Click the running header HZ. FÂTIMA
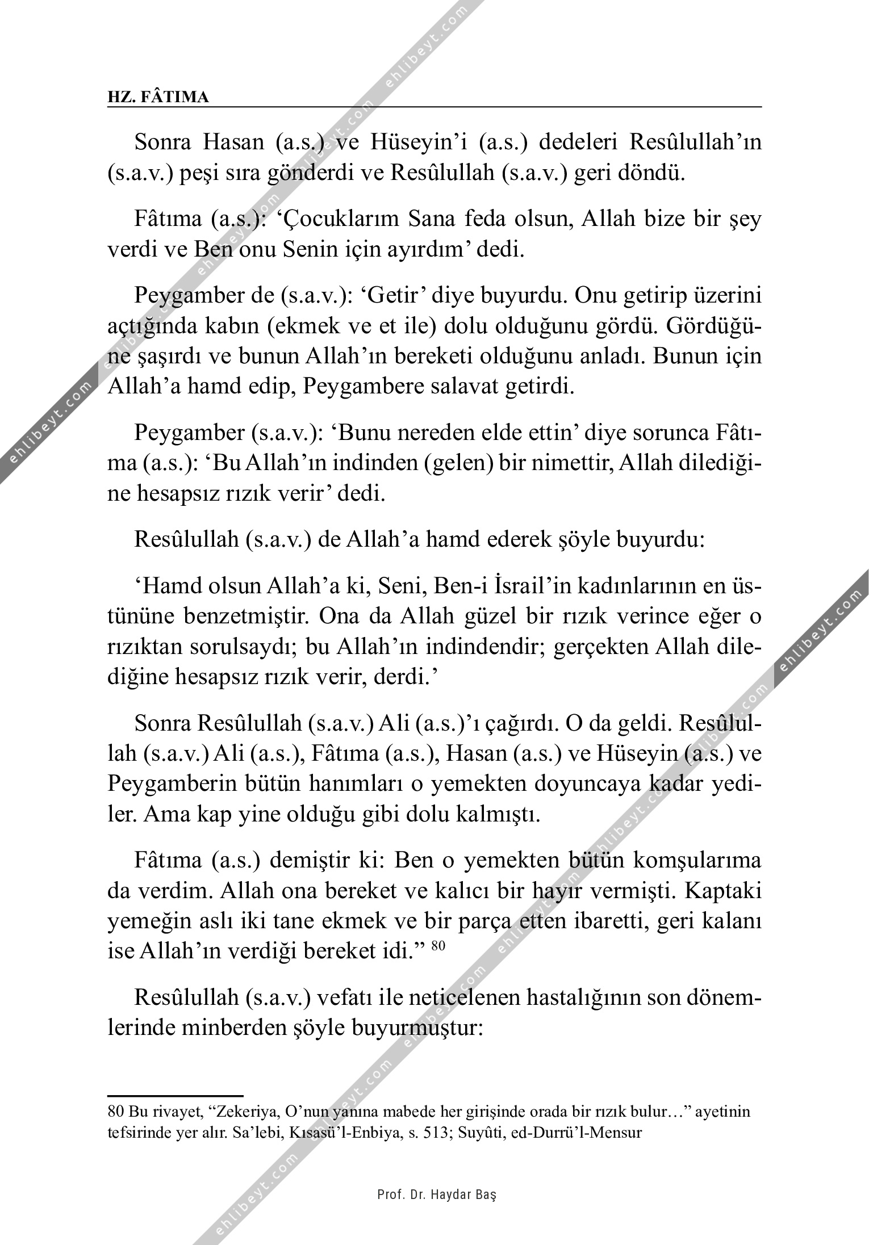coord(158,97)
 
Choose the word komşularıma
coord(696,861)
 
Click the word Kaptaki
coord(724,892)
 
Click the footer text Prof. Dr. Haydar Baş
coord(437,1195)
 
